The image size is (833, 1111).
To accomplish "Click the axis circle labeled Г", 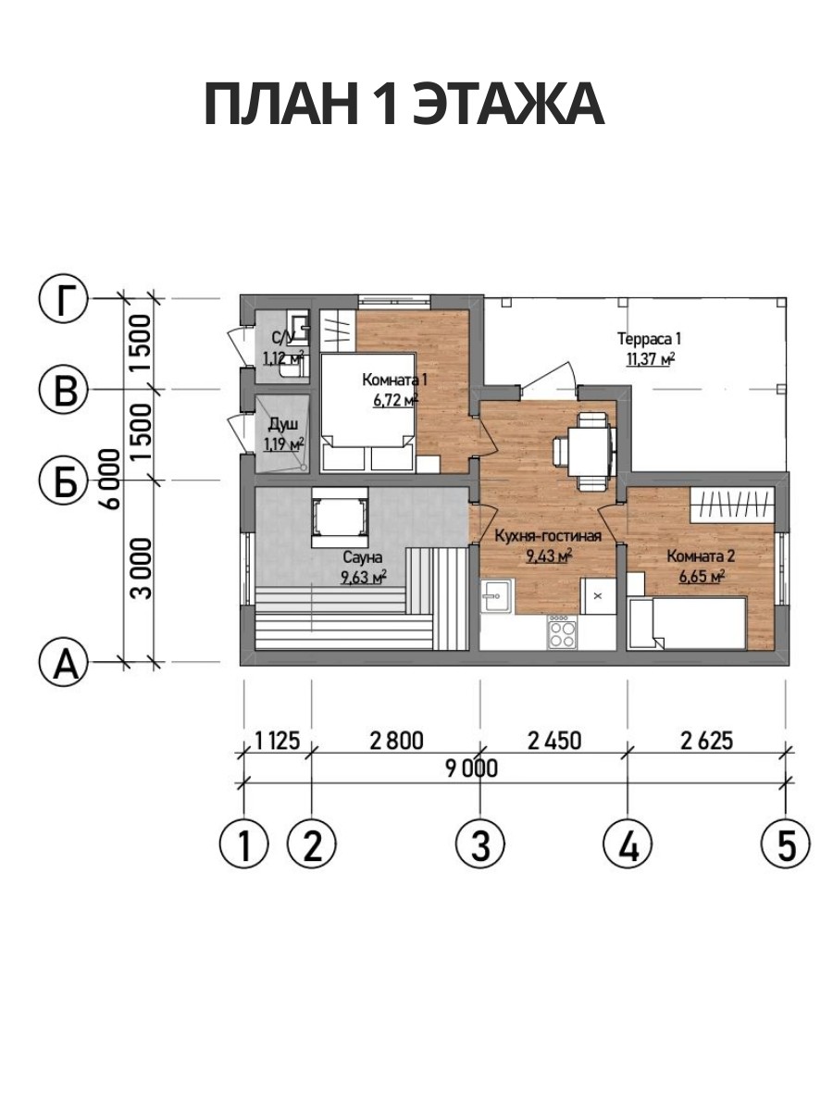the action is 63,299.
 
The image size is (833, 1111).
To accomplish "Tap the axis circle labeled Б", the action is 63,480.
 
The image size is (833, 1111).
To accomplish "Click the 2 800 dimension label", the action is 396,741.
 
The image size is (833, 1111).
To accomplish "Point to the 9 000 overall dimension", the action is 471,768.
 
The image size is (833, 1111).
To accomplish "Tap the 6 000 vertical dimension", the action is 111,479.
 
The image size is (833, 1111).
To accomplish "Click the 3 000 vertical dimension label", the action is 141,568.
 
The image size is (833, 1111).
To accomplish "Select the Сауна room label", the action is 363,557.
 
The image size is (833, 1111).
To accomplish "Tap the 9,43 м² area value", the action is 549,556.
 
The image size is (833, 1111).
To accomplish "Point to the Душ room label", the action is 283,425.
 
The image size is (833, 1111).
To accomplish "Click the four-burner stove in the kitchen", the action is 563,631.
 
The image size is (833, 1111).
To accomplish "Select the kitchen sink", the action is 496,596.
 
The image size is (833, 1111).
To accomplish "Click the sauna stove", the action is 340,517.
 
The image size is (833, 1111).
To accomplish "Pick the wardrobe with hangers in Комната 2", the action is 733,505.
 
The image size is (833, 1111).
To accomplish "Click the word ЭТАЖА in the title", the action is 509,105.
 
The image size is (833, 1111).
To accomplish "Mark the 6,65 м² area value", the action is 702,576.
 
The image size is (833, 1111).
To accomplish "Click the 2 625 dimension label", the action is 706,741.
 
